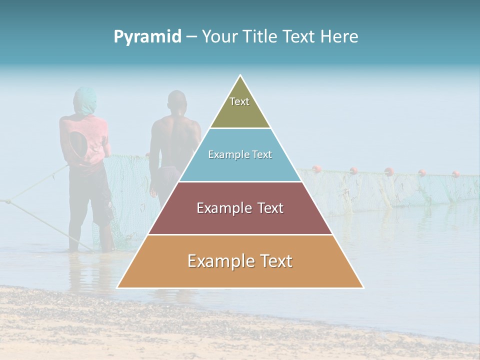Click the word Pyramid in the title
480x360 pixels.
coord(147,37)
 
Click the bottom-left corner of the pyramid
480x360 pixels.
coord(118,287)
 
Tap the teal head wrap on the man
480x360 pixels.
coord(85,100)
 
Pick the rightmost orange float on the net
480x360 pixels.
coord(456,173)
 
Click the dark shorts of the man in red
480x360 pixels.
coord(92,197)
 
